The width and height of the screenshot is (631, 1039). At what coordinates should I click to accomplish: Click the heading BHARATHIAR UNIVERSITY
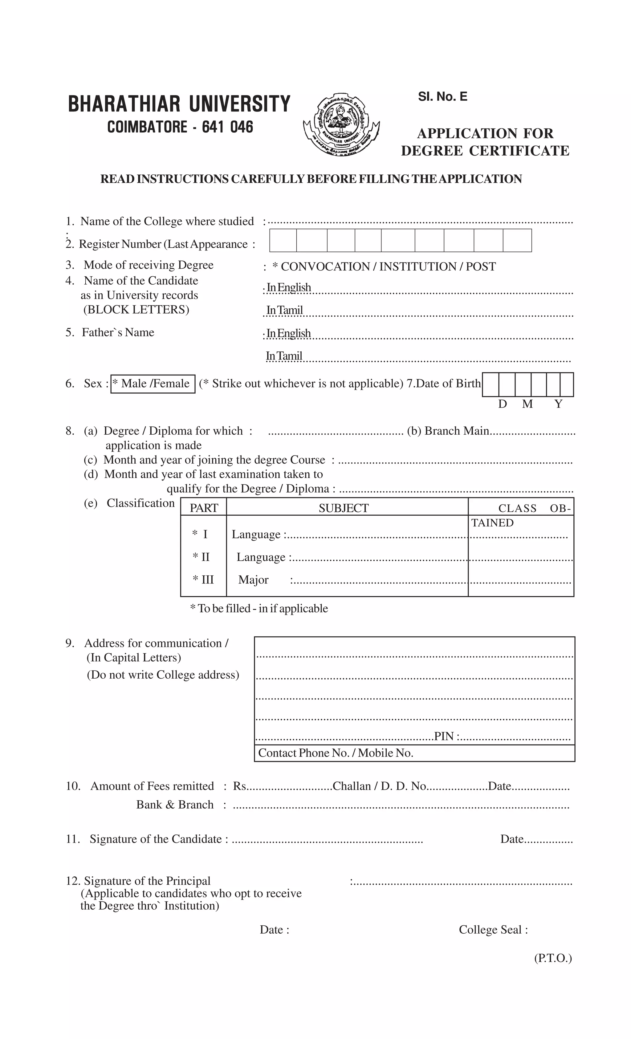179,104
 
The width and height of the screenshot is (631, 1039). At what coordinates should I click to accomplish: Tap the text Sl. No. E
442,96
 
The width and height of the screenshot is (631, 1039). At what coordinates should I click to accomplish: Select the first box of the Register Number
283,240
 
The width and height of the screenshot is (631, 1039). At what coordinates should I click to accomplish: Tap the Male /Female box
153,384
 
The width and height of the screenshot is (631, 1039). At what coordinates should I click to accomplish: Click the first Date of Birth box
490,384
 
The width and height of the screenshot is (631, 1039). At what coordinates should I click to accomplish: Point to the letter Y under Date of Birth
558,404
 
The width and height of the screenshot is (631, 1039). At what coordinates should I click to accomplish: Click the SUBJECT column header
343,508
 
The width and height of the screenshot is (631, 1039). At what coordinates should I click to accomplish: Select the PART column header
204,508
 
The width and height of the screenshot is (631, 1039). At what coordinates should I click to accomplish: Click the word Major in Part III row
253,580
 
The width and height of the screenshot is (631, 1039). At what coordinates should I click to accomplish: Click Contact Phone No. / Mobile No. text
335,753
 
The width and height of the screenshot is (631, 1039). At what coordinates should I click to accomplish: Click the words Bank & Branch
175,805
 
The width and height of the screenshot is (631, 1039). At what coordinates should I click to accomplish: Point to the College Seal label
493,930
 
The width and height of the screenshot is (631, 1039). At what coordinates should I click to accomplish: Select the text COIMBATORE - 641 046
180,127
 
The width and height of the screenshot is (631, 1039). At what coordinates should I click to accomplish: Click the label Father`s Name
118,332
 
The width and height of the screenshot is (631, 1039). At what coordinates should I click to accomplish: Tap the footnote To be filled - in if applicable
259,608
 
